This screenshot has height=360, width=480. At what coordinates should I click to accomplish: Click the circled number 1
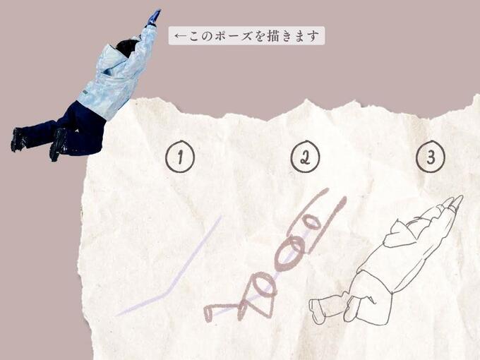180,157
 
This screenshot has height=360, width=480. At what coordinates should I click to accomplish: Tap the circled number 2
305,157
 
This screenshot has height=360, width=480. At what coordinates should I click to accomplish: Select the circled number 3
431,157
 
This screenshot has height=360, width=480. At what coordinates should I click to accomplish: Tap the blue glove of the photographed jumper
153,18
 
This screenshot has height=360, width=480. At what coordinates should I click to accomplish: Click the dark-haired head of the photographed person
127,48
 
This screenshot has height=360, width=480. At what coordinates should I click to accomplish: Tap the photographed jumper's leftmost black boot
19,139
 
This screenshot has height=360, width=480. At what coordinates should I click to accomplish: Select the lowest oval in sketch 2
263,286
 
